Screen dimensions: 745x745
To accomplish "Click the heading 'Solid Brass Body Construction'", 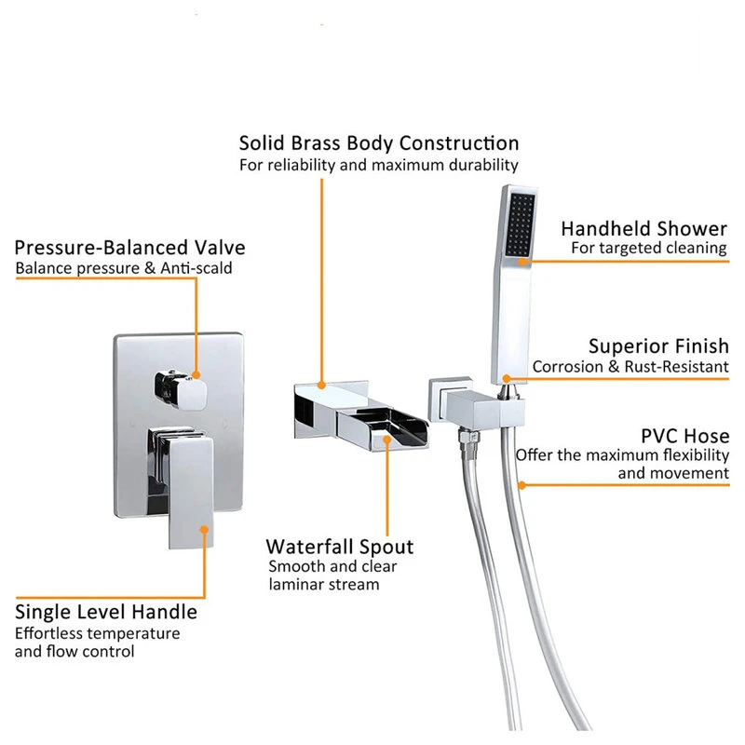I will (x=379, y=143).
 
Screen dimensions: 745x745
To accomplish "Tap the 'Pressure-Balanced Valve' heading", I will (x=129, y=248).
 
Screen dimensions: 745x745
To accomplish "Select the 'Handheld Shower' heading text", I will (x=643, y=228).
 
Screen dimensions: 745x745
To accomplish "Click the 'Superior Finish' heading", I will (x=658, y=346).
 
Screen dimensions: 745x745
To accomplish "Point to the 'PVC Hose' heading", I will (x=685, y=436).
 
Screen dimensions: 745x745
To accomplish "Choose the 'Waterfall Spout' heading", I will (x=339, y=547).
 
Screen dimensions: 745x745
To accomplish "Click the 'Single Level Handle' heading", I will (x=106, y=612).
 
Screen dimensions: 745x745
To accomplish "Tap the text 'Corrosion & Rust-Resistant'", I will (x=630, y=367).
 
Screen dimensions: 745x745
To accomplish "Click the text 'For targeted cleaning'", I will (x=649, y=248).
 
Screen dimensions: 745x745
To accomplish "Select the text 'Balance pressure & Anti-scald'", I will (x=124, y=268).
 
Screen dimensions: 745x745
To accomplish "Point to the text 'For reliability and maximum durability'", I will (x=379, y=165).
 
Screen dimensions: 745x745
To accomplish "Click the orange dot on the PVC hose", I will (x=522, y=483).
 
